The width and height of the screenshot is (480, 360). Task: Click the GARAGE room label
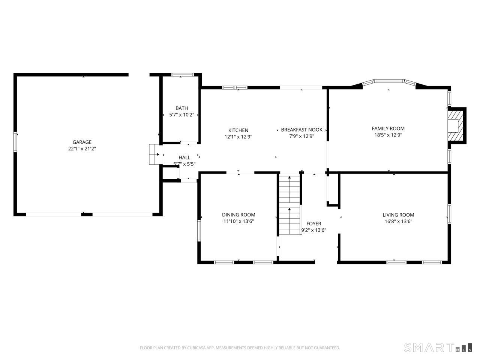[x=82, y=142]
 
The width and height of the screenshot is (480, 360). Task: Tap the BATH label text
[x=181, y=108]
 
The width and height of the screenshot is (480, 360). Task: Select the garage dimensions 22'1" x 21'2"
[x=82, y=148]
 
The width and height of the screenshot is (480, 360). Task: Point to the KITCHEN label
[x=238, y=130]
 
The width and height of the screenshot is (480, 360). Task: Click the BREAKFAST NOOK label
[x=301, y=130]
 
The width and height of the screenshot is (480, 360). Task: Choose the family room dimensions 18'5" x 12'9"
[x=388, y=135]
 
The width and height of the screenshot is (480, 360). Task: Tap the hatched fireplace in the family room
[x=455, y=126]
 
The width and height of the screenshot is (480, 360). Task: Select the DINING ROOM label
[x=238, y=214]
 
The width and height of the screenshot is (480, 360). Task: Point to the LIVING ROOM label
[x=398, y=215]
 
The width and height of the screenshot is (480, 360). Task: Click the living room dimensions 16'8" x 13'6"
[x=398, y=221]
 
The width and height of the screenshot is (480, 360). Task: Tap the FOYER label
[x=314, y=223]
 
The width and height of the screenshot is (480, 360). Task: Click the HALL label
[x=184, y=157]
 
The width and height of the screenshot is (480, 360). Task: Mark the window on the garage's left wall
[x=15, y=142]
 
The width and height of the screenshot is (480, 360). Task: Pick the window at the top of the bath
[x=182, y=75]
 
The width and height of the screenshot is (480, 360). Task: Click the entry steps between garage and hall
[x=156, y=154]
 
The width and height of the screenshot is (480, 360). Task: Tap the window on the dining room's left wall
[x=199, y=231]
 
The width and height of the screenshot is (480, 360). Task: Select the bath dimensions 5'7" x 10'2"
[x=181, y=115]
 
